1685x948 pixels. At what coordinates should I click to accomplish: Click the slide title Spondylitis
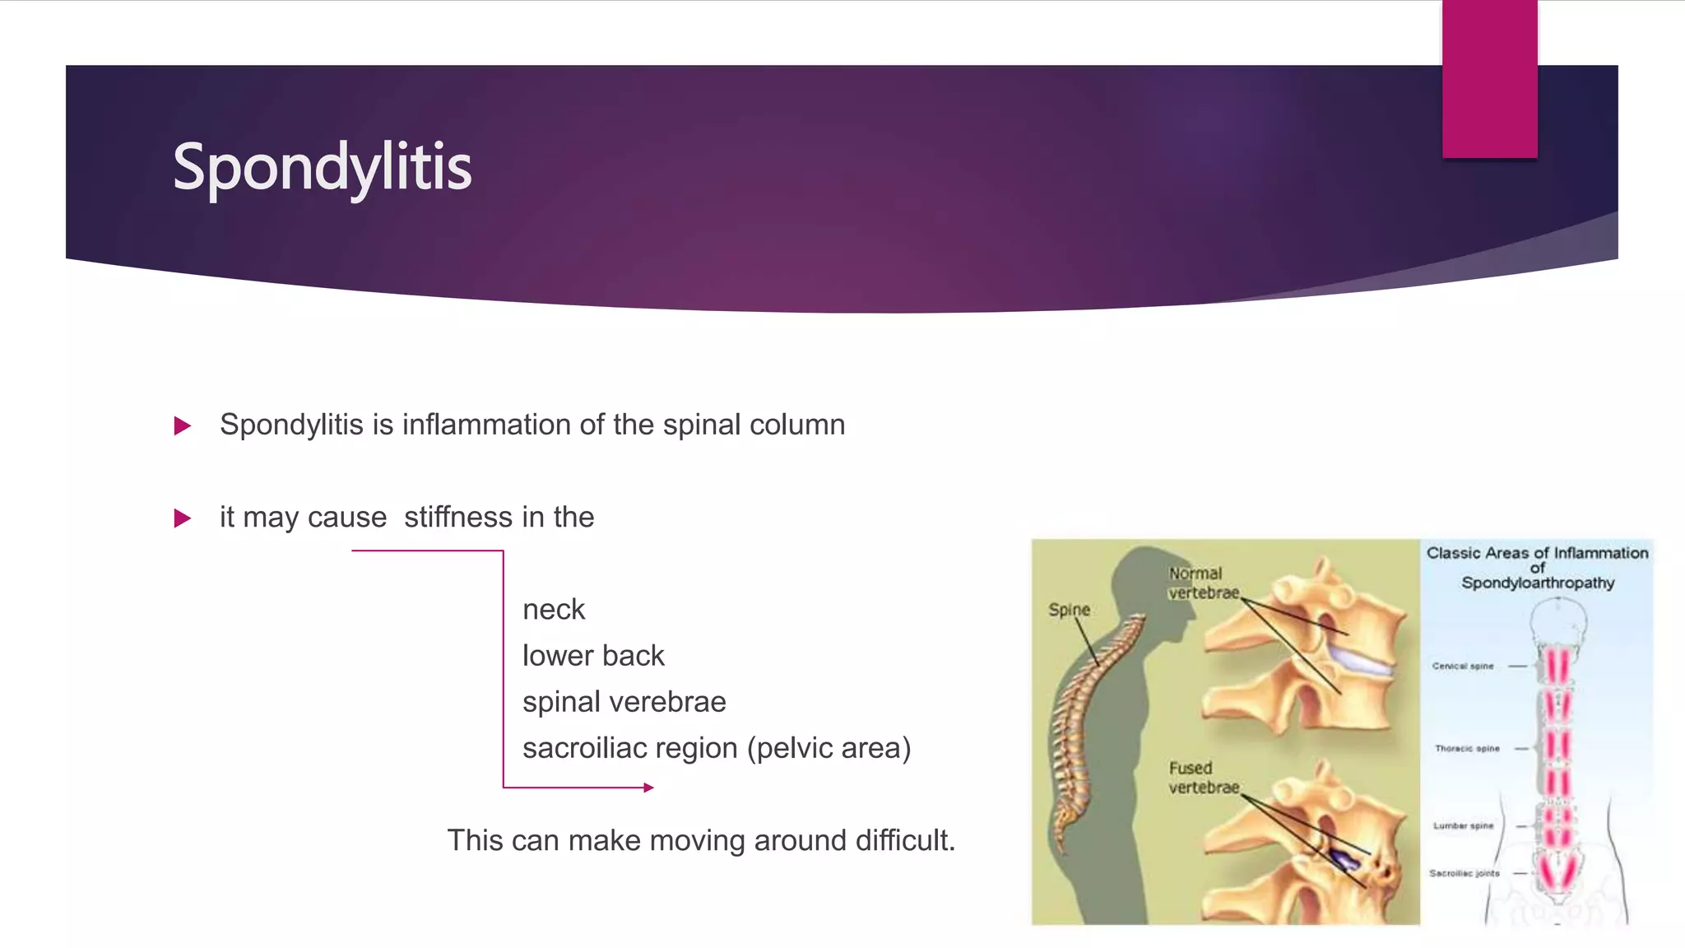click(x=322, y=167)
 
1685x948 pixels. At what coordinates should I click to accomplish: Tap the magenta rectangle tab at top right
click(x=1489, y=79)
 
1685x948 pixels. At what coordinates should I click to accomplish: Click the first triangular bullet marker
click(x=183, y=425)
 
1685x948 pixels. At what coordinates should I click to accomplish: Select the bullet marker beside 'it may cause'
click(x=183, y=518)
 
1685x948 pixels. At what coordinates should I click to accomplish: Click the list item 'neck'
click(x=554, y=610)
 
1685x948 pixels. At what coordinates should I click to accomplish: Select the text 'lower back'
click(x=593, y=656)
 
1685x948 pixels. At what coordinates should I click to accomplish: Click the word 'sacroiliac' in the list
click(x=590, y=748)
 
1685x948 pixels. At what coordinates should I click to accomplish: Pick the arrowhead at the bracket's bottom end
click(x=649, y=788)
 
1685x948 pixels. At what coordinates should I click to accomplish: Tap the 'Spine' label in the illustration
click(x=1069, y=610)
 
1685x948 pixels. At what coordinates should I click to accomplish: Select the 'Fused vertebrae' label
click(x=1202, y=778)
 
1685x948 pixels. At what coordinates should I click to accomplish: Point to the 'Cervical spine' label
click(x=1462, y=666)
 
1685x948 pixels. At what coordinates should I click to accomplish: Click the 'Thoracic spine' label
click(x=1466, y=748)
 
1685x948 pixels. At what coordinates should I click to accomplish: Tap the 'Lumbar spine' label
click(x=1463, y=825)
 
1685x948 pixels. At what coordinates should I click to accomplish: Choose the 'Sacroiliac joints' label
click(x=1464, y=873)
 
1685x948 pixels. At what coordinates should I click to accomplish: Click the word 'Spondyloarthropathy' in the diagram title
click(x=1537, y=583)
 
